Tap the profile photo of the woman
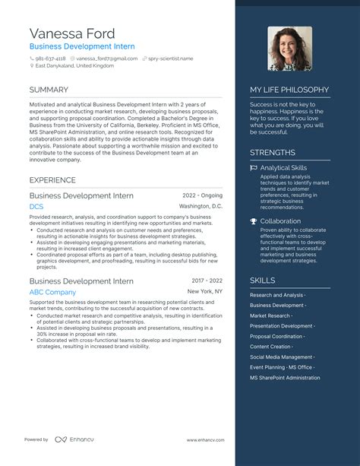pyautogui.click(x=289, y=49)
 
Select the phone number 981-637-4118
pyautogui.click(x=50, y=58)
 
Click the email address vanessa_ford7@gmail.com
pyautogui.click(x=106, y=58)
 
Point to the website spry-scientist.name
pyautogui.click(x=170, y=58)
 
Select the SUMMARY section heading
pyautogui.click(x=49, y=90)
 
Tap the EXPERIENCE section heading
pyautogui.click(x=52, y=180)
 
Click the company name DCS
pyautogui.click(x=36, y=207)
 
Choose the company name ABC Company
pyautogui.click(x=52, y=292)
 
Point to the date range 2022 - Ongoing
pyautogui.click(x=202, y=195)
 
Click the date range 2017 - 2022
pyautogui.click(x=207, y=281)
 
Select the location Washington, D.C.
pyautogui.click(x=201, y=206)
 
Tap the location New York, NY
pyautogui.click(x=205, y=291)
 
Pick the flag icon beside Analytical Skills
pyautogui.click(x=254, y=167)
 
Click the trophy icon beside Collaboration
pyautogui.click(x=254, y=221)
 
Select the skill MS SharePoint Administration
pyautogui.click(x=285, y=377)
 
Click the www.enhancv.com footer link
pyautogui.click(x=204, y=439)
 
